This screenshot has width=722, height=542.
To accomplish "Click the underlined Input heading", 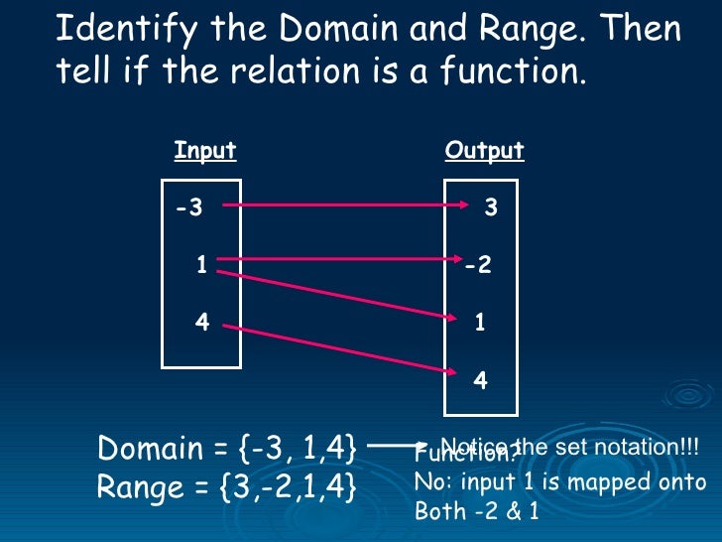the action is tap(204, 151).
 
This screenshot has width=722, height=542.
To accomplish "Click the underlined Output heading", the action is tap(484, 151).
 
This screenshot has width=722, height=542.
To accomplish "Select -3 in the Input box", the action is tap(188, 208).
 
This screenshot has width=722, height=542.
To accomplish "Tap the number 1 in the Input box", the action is tap(201, 265).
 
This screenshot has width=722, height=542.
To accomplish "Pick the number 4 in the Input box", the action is tap(202, 323).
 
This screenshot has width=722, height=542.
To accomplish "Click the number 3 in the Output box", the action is tap(490, 208).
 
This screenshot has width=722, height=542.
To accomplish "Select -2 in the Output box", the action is tap(478, 266).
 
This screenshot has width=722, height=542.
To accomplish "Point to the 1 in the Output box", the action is tap(480, 324).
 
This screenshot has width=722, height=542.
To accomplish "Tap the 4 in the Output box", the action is tap(480, 380).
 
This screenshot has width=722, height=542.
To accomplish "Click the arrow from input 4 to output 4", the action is tap(337, 348).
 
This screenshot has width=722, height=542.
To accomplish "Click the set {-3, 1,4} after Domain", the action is tap(298, 449).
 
